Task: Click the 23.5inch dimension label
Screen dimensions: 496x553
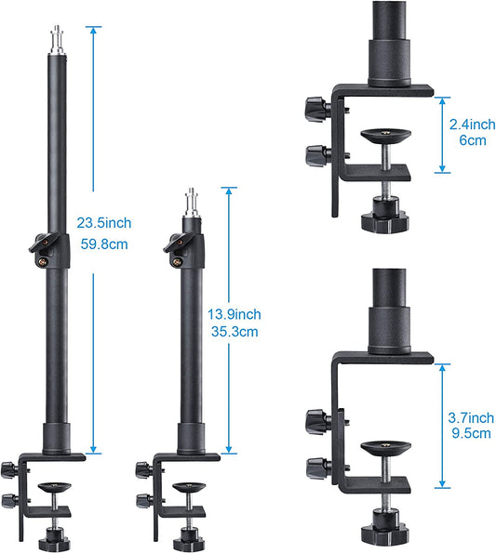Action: click(104, 223)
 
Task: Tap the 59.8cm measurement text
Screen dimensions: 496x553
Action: click(104, 244)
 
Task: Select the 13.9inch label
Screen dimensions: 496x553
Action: click(235, 314)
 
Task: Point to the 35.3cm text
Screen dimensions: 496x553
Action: click(235, 332)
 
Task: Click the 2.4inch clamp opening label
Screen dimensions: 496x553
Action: click(473, 125)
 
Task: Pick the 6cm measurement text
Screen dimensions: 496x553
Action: click(473, 140)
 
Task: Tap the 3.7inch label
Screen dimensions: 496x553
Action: click(471, 418)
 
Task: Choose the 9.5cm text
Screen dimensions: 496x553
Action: click(471, 433)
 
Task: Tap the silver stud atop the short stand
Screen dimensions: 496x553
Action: click(192, 202)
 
